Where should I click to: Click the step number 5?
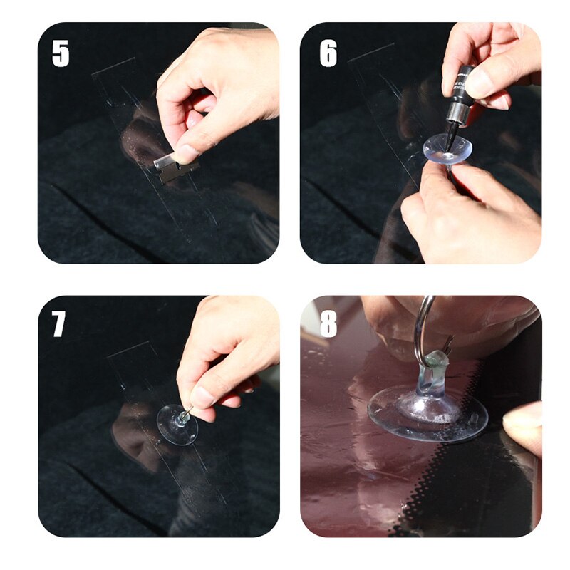point(61,53)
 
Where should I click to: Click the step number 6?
point(328,53)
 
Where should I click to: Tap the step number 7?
point(59,323)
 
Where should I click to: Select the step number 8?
point(328,323)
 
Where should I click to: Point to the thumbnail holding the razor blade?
point(187,152)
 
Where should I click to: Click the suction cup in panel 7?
point(177,425)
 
